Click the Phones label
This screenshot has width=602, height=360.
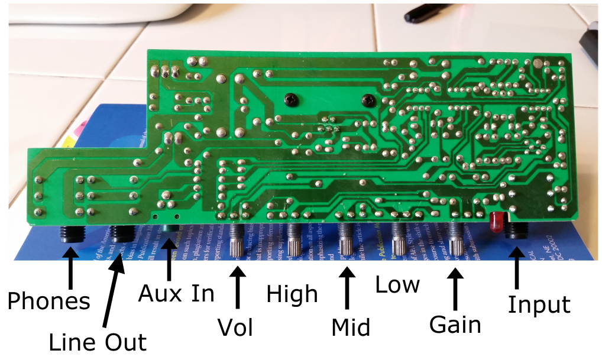(x=48, y=301)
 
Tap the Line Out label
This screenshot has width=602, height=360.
(x=97, y=342)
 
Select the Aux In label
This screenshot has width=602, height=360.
(x=176, y=293)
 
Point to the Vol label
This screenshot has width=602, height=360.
(x=235, y=326)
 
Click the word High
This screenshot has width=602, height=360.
(x=292, y=294)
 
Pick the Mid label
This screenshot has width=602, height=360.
(x=351, y=326)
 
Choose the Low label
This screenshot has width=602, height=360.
(x=397, y=285)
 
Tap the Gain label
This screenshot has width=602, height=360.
(x=455, y=325)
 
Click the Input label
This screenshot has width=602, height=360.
(x=539, y=305)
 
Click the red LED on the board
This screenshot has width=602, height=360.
(x=495, y=222)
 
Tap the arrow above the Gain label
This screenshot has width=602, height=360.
(x=455, y=290)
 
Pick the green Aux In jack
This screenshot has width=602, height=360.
(x=170, y=233)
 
